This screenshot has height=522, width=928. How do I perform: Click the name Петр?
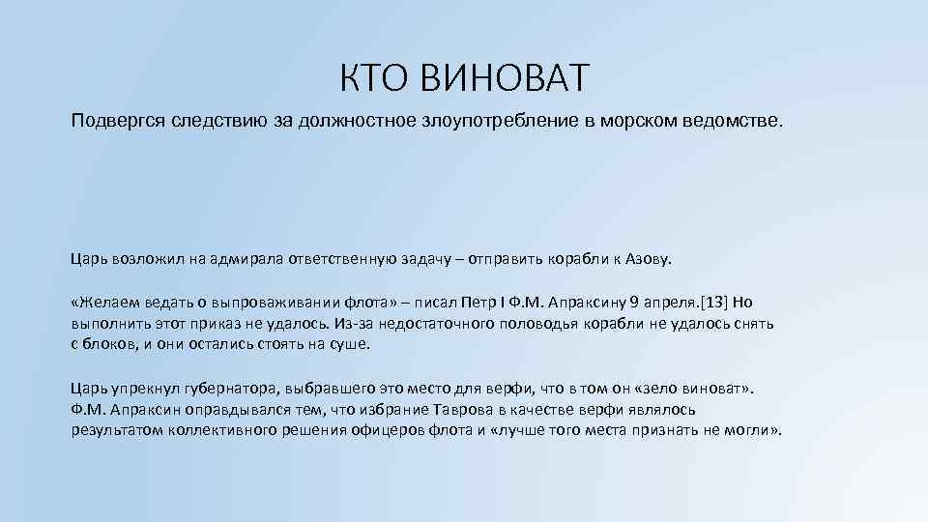pos(500,302)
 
